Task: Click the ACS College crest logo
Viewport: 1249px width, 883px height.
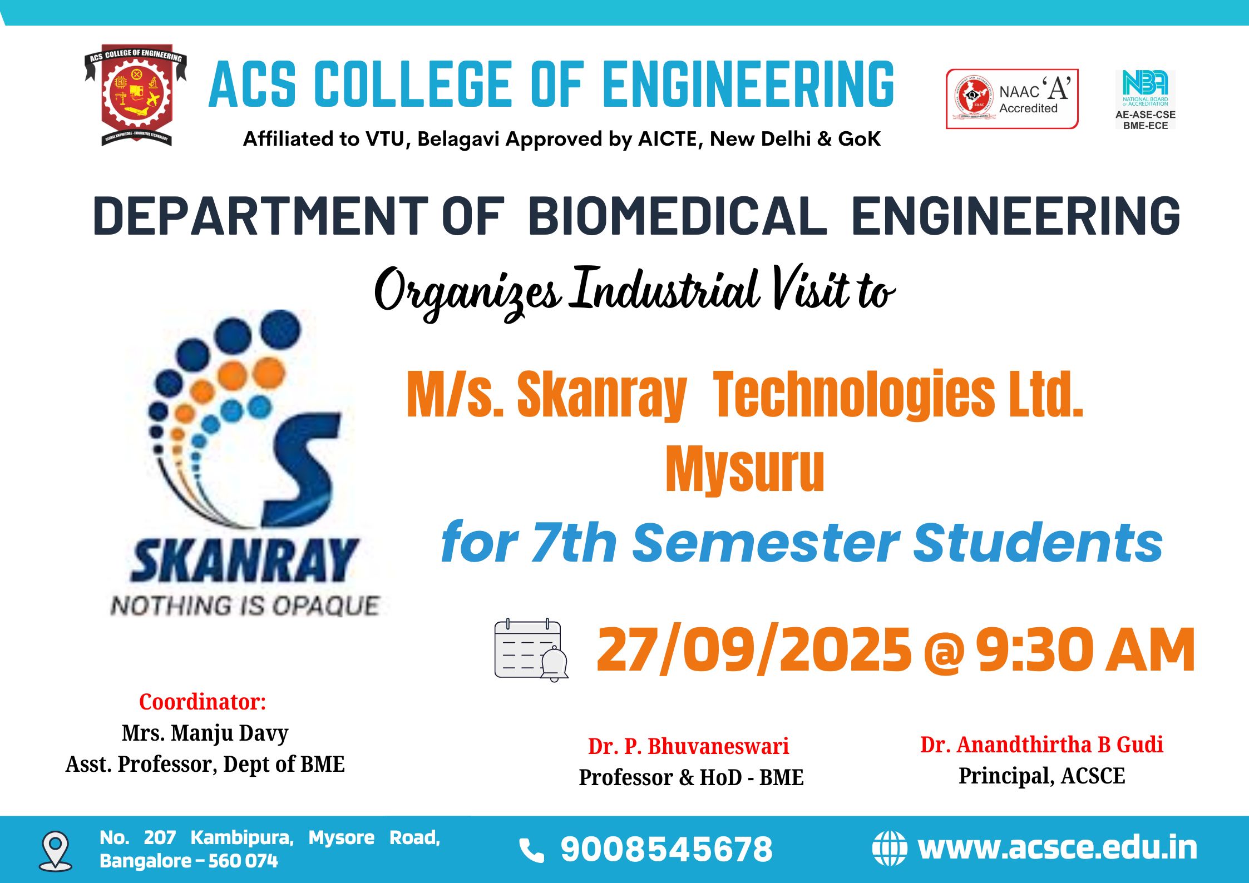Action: click(x=136, y=95)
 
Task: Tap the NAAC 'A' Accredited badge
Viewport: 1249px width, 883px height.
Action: click(x=1012, y=99)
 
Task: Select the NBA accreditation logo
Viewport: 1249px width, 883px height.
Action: click(x=1145, y=100)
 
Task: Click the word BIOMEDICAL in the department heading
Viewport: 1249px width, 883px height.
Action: click(x=678, y=216)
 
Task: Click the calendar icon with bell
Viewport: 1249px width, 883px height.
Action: click(x=531, y=649)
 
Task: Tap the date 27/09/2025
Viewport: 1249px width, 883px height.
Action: click(x=754, y=649)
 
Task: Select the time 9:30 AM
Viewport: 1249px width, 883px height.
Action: click(x=1085, y=649)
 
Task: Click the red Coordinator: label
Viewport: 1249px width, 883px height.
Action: click(x=203, y=702)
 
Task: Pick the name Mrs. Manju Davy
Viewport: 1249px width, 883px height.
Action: click(x=205, y=733)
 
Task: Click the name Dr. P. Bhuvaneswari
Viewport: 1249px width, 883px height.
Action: click(x=688, y=746)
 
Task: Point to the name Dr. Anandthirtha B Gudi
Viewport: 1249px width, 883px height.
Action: click(x=1041, y=745)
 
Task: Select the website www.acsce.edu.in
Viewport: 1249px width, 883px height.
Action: click(x=1058, y=848)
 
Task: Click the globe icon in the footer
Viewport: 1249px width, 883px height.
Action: click(x=889, y=849)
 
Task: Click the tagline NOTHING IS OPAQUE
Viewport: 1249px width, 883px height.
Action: click(x=245, y=606)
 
